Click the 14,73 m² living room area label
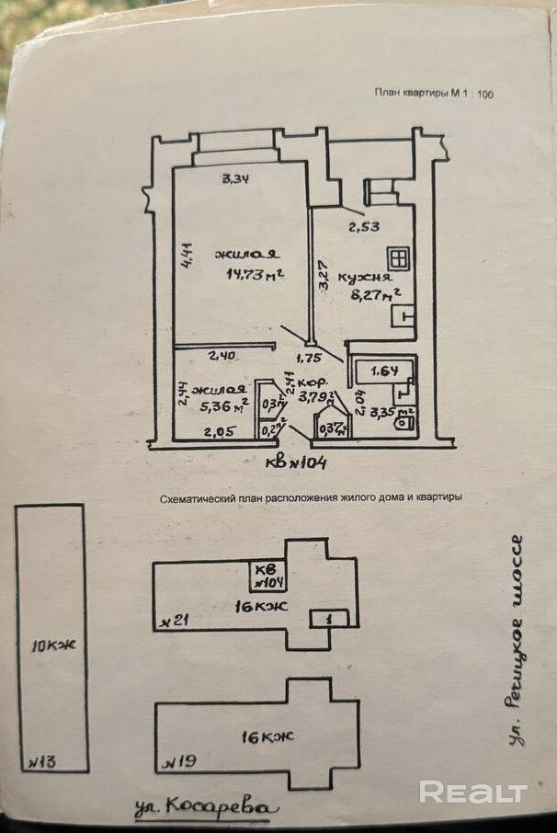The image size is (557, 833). (x=255, y=274)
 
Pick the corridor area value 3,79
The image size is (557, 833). (x=313, y=398)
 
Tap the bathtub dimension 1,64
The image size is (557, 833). (x=384, y=371)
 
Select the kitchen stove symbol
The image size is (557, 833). (x=398, y=259)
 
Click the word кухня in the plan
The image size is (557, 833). (x=365, y=277)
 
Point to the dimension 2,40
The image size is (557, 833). (x=222, y=356)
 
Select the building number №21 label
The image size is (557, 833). (x=174, y=622)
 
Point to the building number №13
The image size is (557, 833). (x=42, y=761)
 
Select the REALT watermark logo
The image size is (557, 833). (x=473, y=792)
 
